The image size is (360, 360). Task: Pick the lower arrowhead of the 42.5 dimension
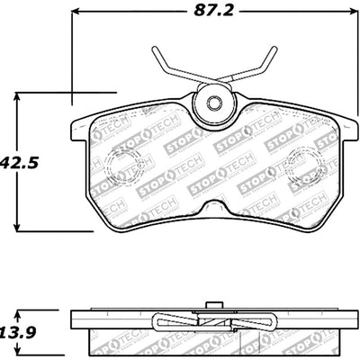pyautogui.click(x=21, y=225)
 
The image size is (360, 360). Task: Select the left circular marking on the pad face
pyautogui.click(x=117, y=162)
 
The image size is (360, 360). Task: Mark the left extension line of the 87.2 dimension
pyautogui.click(x=71, y=54)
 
